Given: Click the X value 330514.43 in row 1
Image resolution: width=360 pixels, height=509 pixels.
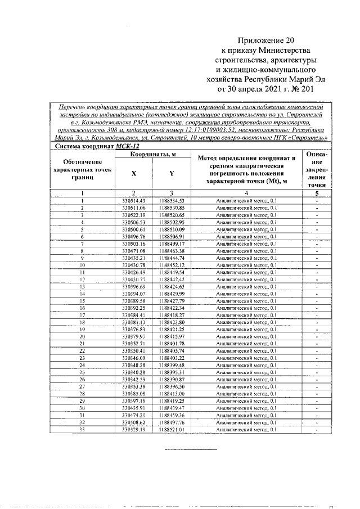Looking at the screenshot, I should point(133,200).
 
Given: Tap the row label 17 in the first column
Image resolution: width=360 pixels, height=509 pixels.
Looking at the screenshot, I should point(82,315).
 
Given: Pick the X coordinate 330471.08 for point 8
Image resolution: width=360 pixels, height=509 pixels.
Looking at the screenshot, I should point(133,250).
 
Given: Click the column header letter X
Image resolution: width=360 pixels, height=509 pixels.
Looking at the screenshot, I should point(133,174).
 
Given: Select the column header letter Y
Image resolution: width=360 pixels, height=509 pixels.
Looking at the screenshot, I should point(171,174).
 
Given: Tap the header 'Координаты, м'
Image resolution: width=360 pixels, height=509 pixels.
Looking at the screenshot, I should point(153,154).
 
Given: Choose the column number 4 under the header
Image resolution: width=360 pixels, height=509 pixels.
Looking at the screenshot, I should point(247,193).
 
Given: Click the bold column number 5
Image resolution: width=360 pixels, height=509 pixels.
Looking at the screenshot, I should point(317,193).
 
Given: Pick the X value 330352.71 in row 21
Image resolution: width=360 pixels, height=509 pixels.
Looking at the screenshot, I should point(133,344).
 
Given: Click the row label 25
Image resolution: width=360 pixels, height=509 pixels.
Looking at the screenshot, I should point(82,372).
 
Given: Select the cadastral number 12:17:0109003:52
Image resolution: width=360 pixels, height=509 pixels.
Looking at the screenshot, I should point(192,129).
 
